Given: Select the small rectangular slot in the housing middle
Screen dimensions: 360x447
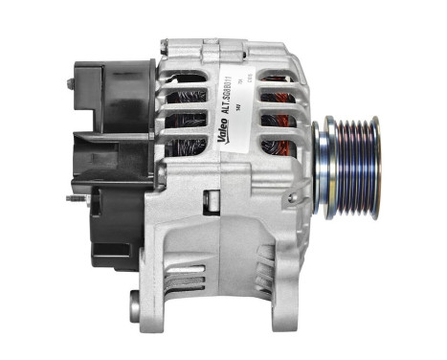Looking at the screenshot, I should tap(212, 202).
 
